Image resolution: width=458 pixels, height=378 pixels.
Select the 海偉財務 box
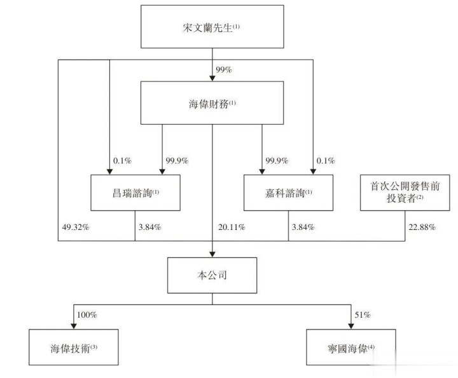tap(211, 104)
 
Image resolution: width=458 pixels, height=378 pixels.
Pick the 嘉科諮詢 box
tap(288, 192)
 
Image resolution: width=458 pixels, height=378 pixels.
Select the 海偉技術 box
tap(74, 348)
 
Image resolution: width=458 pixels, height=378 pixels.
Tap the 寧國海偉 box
tap(350, 348)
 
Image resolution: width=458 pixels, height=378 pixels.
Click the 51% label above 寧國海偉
tap(362, 314)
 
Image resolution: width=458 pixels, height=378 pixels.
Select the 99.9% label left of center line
tap(176, 161)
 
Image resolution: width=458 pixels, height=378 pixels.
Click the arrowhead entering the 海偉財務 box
tap(211, 79)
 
